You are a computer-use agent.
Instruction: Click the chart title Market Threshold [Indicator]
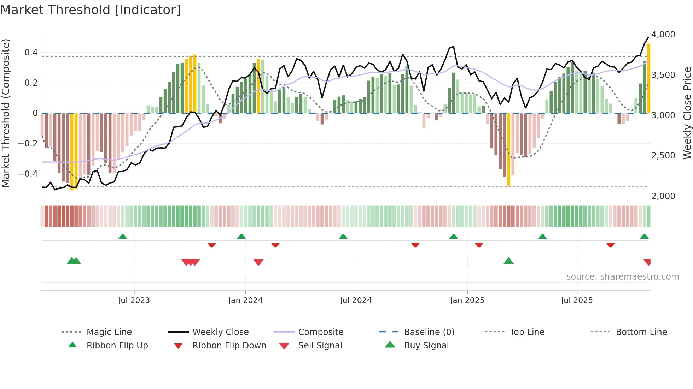91,10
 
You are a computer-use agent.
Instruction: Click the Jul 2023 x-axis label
134,300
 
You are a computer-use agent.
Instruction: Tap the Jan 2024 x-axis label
245,300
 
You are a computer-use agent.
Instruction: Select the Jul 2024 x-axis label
356,300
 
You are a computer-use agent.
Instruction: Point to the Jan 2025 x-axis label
467,300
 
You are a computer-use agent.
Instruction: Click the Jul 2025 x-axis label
577,300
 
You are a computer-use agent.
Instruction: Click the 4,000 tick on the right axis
663,35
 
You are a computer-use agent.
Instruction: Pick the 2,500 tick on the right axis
663,156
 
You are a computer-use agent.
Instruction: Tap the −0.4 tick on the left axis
28,174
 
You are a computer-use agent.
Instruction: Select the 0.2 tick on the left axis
31,83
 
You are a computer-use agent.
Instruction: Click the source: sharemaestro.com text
622,277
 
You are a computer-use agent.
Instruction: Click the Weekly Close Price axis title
687,113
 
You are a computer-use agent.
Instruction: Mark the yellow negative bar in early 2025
509,150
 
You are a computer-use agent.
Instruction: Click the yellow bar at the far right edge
648,78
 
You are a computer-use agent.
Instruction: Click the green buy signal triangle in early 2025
508,261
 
